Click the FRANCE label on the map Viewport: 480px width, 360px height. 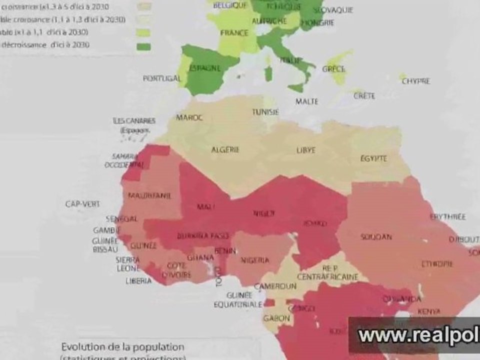coord(234,33)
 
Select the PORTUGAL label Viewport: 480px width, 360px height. coord(161,78)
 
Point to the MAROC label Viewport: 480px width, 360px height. coord(189,117)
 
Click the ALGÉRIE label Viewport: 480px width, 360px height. coord(225,149)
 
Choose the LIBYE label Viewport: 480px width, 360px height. coord(306,150)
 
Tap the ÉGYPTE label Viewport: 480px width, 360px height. coord(373,158)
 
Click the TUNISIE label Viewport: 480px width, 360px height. coord(265,111)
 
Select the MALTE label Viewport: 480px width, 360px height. coord(306,101)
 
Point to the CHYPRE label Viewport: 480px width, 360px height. coord(416,81)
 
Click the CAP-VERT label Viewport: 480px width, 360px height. coord(82,204)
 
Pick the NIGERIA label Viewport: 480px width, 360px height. coord(254,260)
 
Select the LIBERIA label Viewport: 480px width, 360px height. coord(138,281)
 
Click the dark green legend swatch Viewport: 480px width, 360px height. coord(143,47)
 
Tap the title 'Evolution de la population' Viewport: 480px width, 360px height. coord(122,346)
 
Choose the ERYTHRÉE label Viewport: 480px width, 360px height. coord(448,217)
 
